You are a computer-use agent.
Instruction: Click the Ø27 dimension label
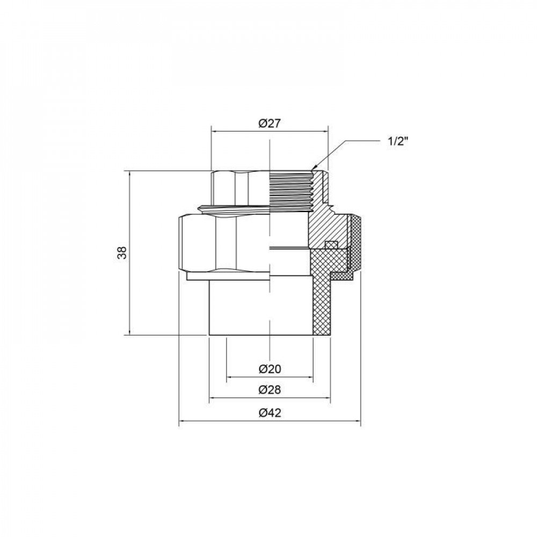[270, 123]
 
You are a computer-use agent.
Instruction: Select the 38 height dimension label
[123, 253]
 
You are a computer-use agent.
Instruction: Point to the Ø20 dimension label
[270, 369]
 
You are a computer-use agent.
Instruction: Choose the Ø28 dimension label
[270, 390]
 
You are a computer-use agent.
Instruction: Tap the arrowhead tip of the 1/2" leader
[313, 170]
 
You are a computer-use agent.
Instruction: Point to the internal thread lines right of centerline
[290, 191]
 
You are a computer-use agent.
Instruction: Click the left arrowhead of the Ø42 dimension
[180, 421]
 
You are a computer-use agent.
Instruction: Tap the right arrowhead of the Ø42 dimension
[359, 421]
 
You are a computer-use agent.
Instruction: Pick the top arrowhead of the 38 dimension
[130, 173]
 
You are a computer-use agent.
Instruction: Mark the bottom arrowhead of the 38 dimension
[130, 332]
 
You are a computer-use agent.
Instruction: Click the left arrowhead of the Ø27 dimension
[213, 130]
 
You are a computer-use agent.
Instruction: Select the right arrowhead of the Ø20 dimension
[311, 378]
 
